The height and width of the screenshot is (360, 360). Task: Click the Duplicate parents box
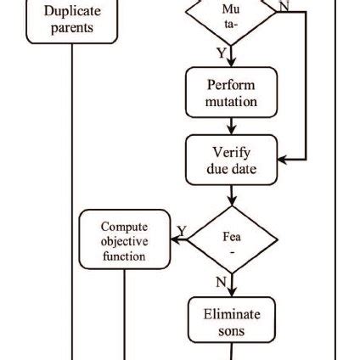pyautogui.click(x=72, y=21)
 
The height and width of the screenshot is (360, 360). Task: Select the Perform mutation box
pyautogui.click(x=232, y=93)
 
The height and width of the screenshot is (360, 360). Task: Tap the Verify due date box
pyautogui.click(x=232, y=160)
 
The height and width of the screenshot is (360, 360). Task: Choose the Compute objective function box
pyautogui.click(x=125, y=239)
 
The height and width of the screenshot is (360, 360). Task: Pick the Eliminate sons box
pyautogui.click(x=232, y=320)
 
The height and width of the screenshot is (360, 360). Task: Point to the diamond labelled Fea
pyautogui.click(x=232, y=239)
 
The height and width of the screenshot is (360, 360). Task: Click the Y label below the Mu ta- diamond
pyautogui.click(x=222, y=53)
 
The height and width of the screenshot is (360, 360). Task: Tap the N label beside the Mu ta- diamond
pyautogui.click(x=284, y=6)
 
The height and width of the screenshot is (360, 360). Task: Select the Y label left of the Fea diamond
pyautogui.click(x=182, y=231)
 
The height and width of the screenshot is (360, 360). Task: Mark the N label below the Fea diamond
pyautogui.click(x=221, y=282)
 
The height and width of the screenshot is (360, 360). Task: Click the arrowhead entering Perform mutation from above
pyautogui.click(x=232, y=63)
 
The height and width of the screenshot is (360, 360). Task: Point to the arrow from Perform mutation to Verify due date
pyautogui.click(x=232, y=127)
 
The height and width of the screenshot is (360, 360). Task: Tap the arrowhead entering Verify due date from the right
pyautogui.click(x=283, y=160)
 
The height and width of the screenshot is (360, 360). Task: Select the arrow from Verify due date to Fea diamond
pyautogui.click(x=232, y=195)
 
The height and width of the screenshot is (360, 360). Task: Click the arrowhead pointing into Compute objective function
pyautogui.click(x=176, y=239)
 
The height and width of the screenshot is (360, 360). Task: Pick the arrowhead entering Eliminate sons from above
pyautogui.click(x=232, y=293)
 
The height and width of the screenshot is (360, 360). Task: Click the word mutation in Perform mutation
pyautogui.click(x=231, y=102)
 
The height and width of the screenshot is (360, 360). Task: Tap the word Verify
pyautogui.click(x=232, y=153)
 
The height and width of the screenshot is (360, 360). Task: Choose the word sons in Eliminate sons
pyautogui.click(x=231, y=331)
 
